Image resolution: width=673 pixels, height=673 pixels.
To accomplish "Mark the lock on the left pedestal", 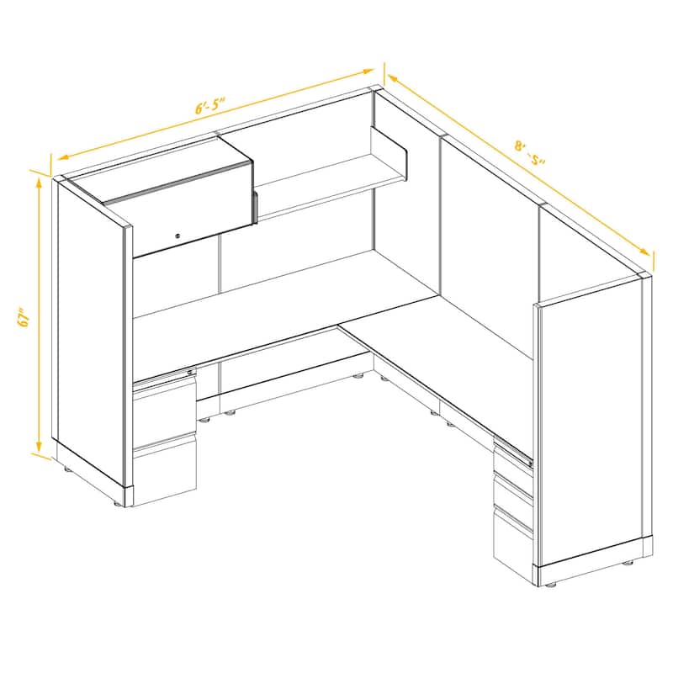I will tap(190, 373).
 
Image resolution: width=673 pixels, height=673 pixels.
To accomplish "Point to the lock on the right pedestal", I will tap(527, 460).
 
